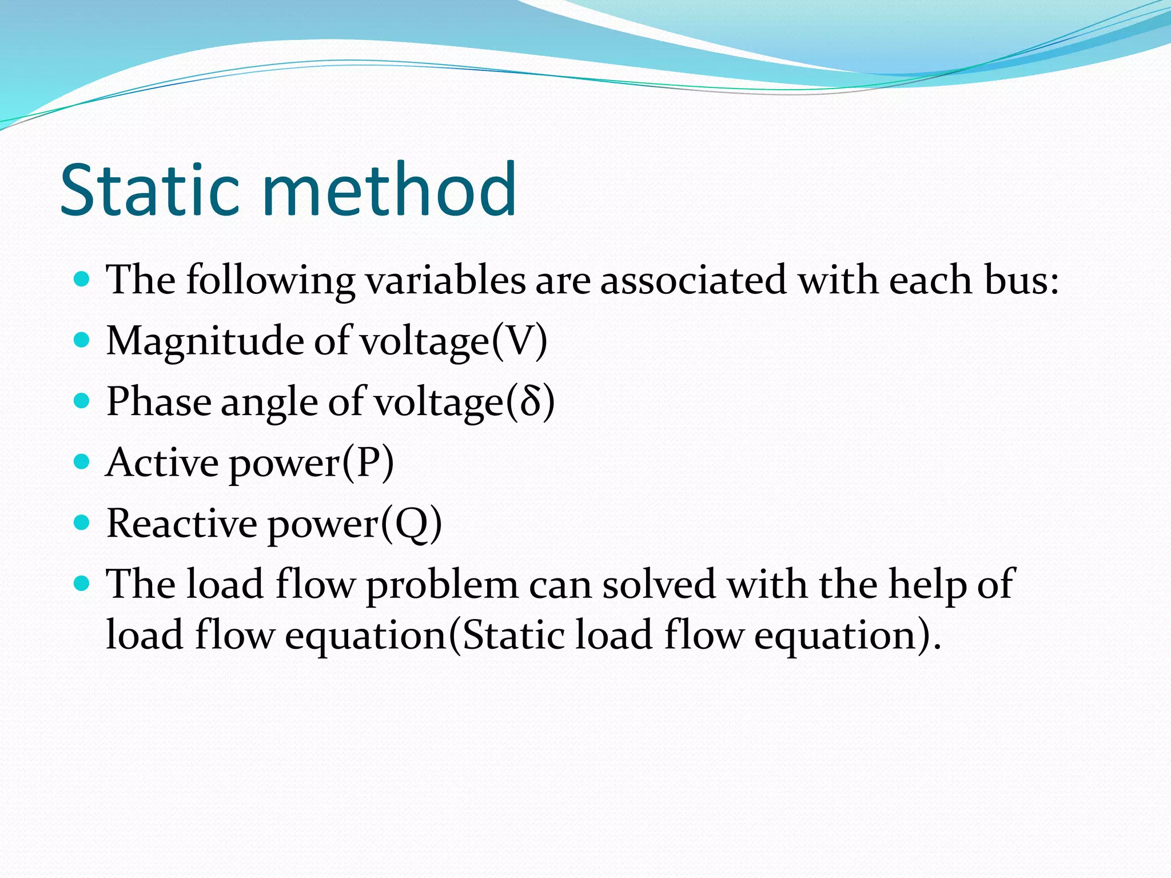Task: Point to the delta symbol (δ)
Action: pyautogui.click(x=529, y=402)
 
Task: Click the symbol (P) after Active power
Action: pyautogui.click(x=368, y=463)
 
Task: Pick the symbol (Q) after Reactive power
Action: pyautogui.click(x=411, y=524)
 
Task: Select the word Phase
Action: pyautogui.click(x=159, y=402)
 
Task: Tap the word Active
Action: pyautogui.click(x=162, y=463)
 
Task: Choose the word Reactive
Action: pyautogui.click(x=182, y=524)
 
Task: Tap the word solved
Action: pyautogui.click(x=659, y=585)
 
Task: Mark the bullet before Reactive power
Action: pyautogui.click(x=82, y=522)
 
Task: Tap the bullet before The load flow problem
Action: pyautogui.click(x=82, y=584)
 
